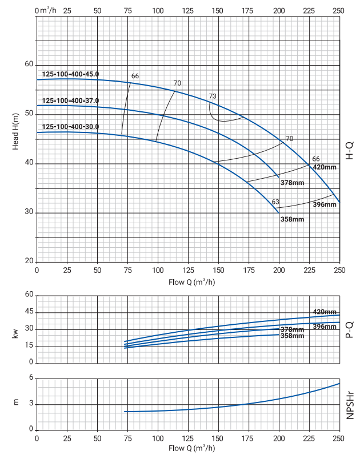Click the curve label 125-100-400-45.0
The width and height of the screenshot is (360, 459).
coord(70,74)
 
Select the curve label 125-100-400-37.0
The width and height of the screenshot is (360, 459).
coord(70,100)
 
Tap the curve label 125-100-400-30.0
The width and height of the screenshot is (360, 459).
coord(70,127)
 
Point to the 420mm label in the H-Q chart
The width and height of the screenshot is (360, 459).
coord(324,167)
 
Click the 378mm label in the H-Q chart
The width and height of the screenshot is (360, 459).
coord(292,183)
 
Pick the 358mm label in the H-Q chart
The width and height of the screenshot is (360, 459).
coord(292,219)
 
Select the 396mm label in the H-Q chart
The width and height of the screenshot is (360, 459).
coord(325,204)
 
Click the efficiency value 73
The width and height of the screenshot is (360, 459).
coord(213,96)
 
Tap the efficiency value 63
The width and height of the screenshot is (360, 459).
coord(275,202)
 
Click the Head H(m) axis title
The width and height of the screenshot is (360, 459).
coord(15,132)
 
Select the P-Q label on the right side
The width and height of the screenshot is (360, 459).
coord(350,329)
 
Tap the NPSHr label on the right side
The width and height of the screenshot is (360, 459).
coord(350,405)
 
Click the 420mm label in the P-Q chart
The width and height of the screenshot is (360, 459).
coord(325,312)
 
